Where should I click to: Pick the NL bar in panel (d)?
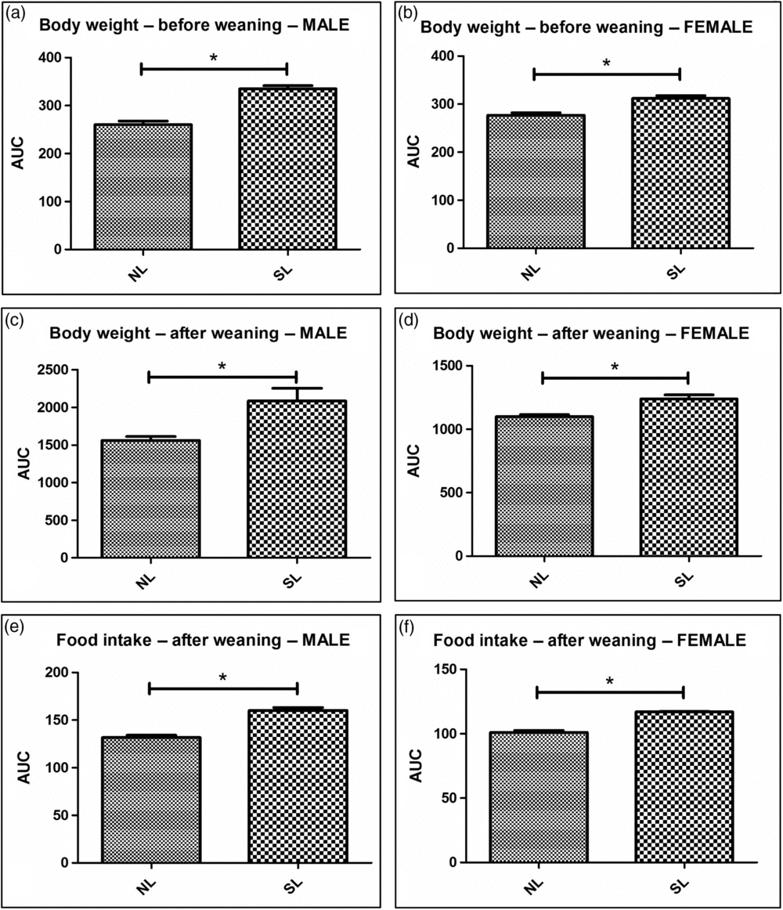point(542,486)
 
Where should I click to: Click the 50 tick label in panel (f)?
point(449,798)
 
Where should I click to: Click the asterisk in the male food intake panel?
point(223,677)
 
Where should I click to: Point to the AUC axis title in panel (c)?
point(21,464)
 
